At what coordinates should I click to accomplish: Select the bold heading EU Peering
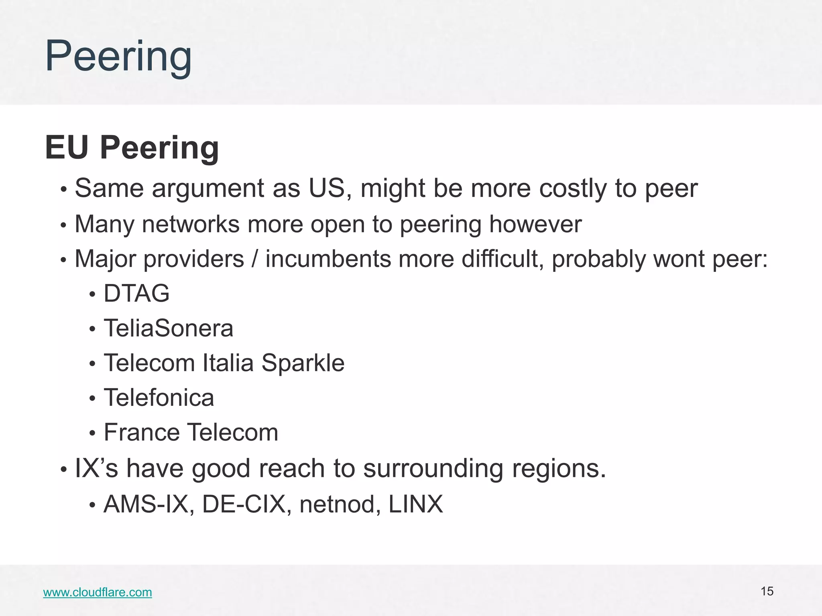(x=132, y=148)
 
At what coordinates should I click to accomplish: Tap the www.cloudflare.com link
(x=98, y=592)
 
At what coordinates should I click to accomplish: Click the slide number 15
(x=767, y=591)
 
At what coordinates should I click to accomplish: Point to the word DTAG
(x=136, y=293)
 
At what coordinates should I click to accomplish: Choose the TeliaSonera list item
(x=168, y=328)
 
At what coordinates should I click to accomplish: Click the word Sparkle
(x=303, y=363)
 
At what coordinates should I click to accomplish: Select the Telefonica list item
(x=159, y=398)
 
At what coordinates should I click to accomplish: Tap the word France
(x=142, y=432)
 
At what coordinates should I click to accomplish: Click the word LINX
(x=415, y=504)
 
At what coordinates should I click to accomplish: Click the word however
(x=535, y=224)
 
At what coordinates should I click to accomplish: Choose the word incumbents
(x=328, y=259)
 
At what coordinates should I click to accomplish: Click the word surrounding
(x=433, y=468)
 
